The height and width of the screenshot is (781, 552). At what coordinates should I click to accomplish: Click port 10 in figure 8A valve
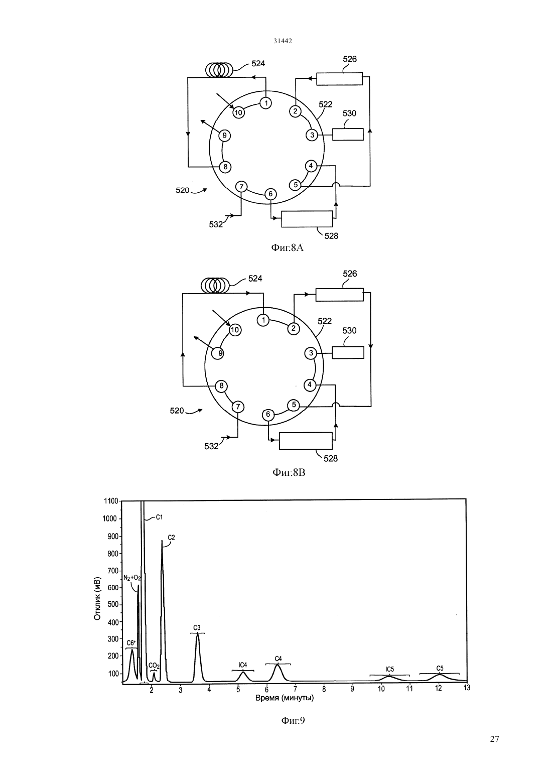coord(238,112)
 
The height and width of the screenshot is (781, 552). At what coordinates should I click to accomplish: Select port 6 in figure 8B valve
coord(268,415)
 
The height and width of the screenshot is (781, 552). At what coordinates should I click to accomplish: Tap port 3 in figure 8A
coord(312,135)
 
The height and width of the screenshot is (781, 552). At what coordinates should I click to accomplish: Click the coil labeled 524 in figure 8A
coord(219,70)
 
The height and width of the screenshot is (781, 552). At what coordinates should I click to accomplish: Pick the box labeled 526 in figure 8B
coord(339,295)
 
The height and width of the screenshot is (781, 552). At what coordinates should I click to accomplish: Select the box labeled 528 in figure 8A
coord(307,219)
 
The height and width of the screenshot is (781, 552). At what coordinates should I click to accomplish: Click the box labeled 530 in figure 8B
coord(348,352)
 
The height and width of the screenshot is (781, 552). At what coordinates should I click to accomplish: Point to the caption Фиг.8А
coord(288,248)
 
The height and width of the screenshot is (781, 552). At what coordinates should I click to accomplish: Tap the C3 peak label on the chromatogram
coord(197,628)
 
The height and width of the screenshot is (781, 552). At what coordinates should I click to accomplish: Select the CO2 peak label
coord(154,666)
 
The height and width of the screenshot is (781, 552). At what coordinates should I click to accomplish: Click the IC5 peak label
coord(389,669)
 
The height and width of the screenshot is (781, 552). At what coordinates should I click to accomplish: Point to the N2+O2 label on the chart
coord(132,578)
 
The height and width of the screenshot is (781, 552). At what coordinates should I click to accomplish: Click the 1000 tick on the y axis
coord(109,518)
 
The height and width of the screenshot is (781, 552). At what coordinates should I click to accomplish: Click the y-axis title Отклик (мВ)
coord(97,599)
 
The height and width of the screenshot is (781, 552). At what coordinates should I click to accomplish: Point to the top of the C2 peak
coord(162,541)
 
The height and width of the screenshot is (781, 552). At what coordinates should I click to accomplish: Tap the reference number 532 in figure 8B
coord(211,446)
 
